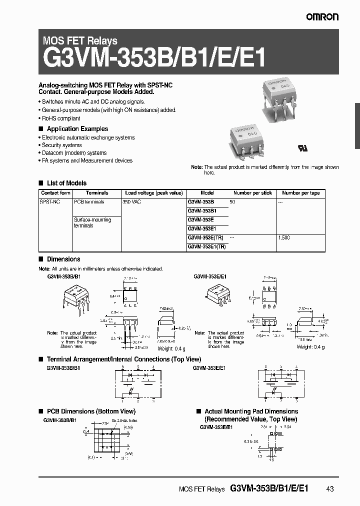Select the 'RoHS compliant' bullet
pyautogui.click(x=60, y=118)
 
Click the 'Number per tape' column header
pyautogui.click(x=300, y=193)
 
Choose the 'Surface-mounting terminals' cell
pyautogui.click(x=92, y=222)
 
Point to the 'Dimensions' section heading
pyautogui.click(x=63, y=259)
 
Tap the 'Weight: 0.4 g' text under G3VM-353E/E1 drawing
pyautogui.click(x=310, y=347)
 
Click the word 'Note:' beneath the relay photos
pyautogui.click(x=197, y=167)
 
